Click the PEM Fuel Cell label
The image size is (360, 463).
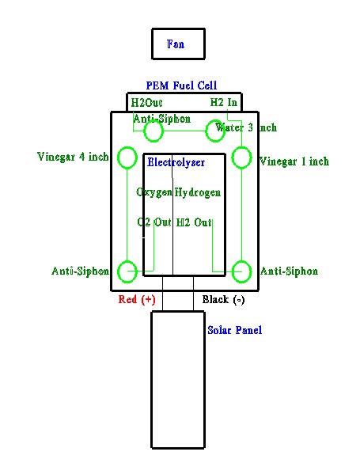click(181, 85)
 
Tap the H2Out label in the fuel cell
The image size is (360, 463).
click(146, 103)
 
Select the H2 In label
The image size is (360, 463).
click(224, 102)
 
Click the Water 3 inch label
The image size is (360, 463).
click(246, 127)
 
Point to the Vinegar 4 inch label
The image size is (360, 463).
click(73, 157)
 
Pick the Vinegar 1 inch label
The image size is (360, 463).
click(294, 161)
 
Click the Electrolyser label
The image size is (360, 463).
click(176, 162)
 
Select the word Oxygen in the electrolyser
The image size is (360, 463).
click(154, 192)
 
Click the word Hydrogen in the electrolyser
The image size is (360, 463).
click(198, 192)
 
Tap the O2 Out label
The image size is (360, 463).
click(154, 222)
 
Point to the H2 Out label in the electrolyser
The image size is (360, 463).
click(194, 222)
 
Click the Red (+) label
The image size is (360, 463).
click(137, 300)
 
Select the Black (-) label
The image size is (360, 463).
click(223, 300)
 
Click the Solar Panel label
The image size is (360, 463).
click(234, 330)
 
